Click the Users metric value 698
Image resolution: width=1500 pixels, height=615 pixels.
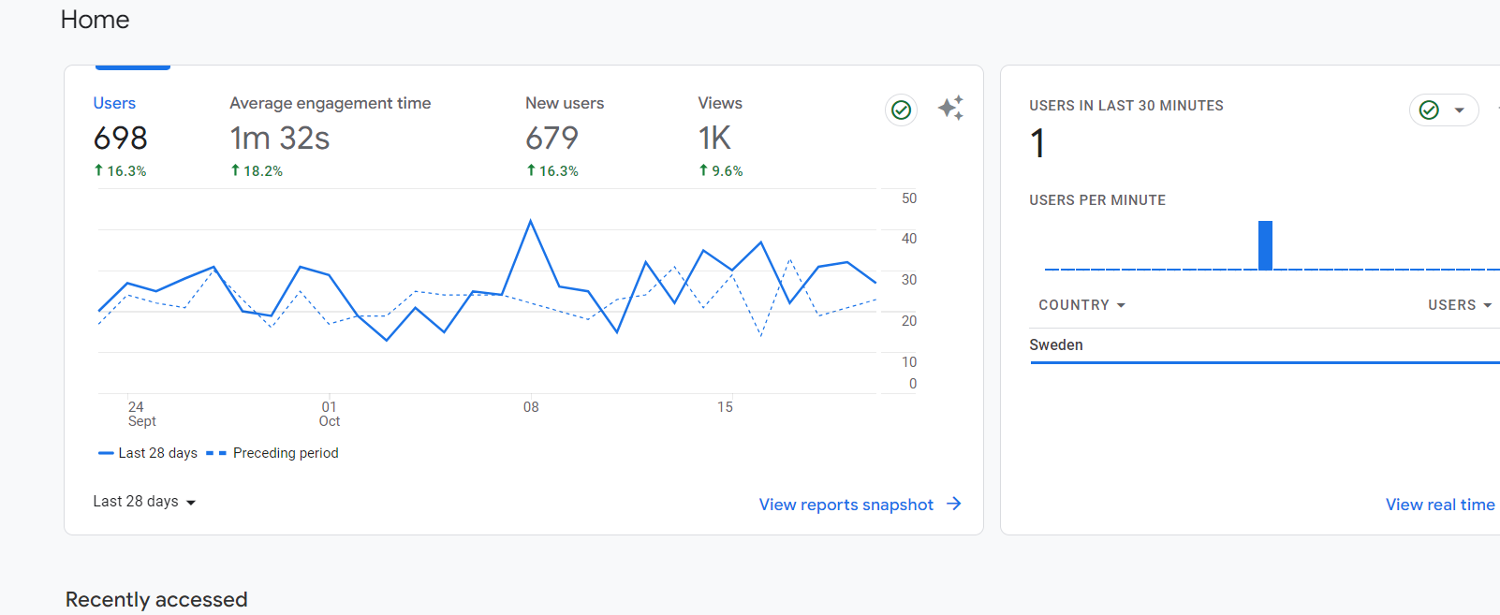coord(120,139)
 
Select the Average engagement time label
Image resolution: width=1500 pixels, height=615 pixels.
coord(331,103)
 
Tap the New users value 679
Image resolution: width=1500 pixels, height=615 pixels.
coord(551,139)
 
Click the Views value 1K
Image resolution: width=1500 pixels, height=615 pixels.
coord(714,139)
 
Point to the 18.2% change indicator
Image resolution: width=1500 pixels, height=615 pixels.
coord(257,170)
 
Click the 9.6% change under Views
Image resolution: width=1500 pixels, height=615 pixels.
coord(721,170)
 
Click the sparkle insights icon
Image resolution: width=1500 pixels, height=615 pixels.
coord(951,108)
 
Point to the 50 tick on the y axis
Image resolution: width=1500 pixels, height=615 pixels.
coord(908,198)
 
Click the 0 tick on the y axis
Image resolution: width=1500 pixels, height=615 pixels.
coord(913,384)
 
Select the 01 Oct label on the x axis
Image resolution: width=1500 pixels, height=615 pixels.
coord(329,414)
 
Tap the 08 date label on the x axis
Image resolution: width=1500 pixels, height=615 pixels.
coord(531,407)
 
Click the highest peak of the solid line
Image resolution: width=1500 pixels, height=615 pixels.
coord(530,221)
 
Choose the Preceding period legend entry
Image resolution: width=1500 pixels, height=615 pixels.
coord(272,453)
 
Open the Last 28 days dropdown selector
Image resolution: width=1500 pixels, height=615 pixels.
coord(144,502)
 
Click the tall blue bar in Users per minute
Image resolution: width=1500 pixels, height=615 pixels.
coord(1265,245)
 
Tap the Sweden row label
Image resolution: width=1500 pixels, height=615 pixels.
coord(1056,344)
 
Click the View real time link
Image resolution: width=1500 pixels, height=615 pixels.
coord(1440,505)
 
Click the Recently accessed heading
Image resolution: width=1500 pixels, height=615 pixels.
coord(156,599)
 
